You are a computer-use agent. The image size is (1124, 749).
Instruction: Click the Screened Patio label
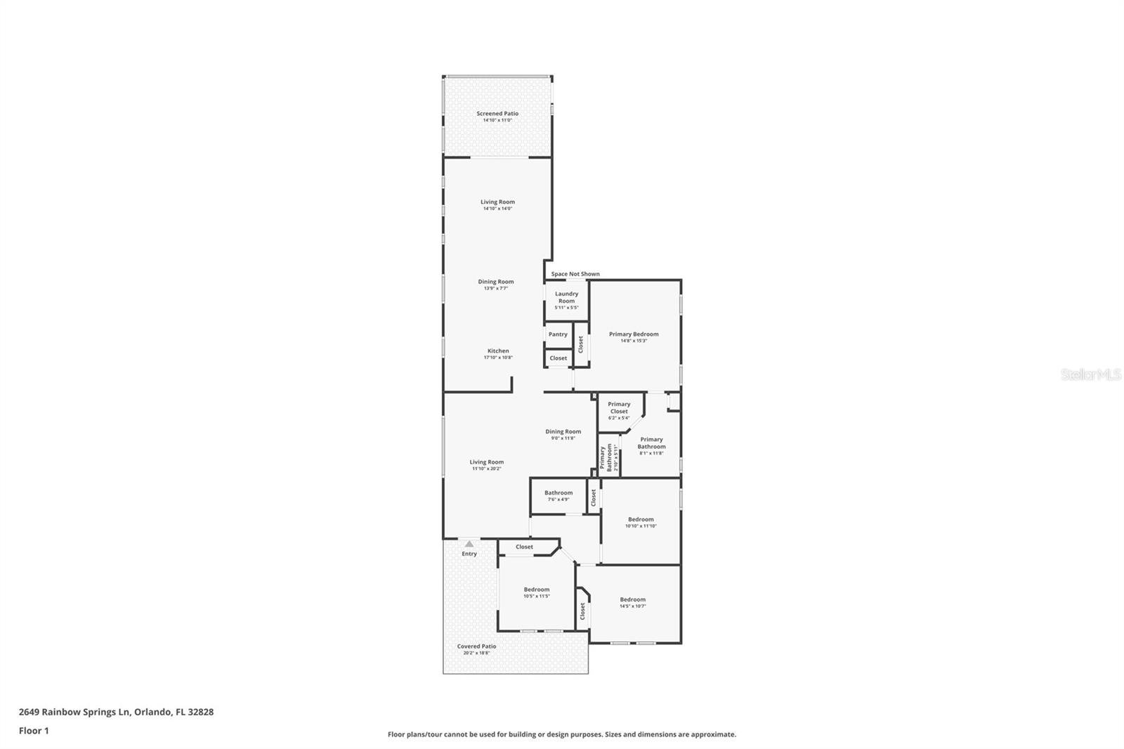coord(497,114)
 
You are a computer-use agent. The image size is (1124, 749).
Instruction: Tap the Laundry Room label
coord(566,298)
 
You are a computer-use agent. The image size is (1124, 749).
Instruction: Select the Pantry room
coord(558,334)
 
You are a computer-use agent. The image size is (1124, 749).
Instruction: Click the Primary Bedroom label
coord(634,334)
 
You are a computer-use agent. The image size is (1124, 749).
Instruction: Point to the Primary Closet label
coord(619,408)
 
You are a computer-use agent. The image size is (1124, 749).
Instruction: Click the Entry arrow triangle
coord(469,544)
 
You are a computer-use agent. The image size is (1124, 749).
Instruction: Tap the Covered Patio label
coord(476,646)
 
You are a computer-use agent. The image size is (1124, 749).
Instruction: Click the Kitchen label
coord(498,351)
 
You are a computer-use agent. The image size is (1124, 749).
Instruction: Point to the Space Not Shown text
coord(575,274)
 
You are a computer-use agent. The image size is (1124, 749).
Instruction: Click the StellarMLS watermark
coord(1090,375)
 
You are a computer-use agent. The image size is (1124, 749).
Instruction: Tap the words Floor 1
coord(34,731)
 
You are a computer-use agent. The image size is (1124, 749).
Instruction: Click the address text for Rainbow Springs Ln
coord(116,712)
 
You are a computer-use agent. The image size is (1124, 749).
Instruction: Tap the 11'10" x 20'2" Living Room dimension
coord(487,469)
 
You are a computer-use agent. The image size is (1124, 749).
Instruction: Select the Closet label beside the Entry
coord(524,547)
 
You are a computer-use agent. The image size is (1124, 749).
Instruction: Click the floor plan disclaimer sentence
coord(562,734)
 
